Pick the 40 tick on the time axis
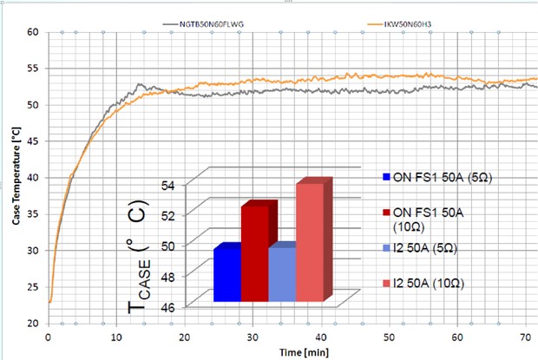point(321,335)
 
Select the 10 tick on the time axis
point(116,335)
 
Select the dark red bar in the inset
point(254,253)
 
